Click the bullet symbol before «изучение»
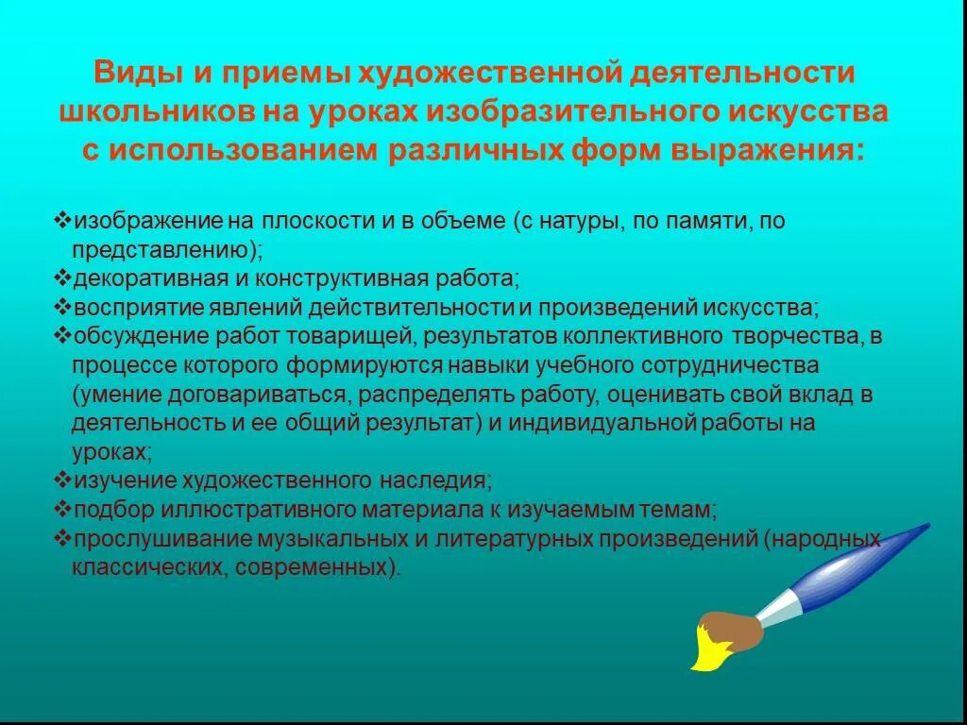click(63, 480)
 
